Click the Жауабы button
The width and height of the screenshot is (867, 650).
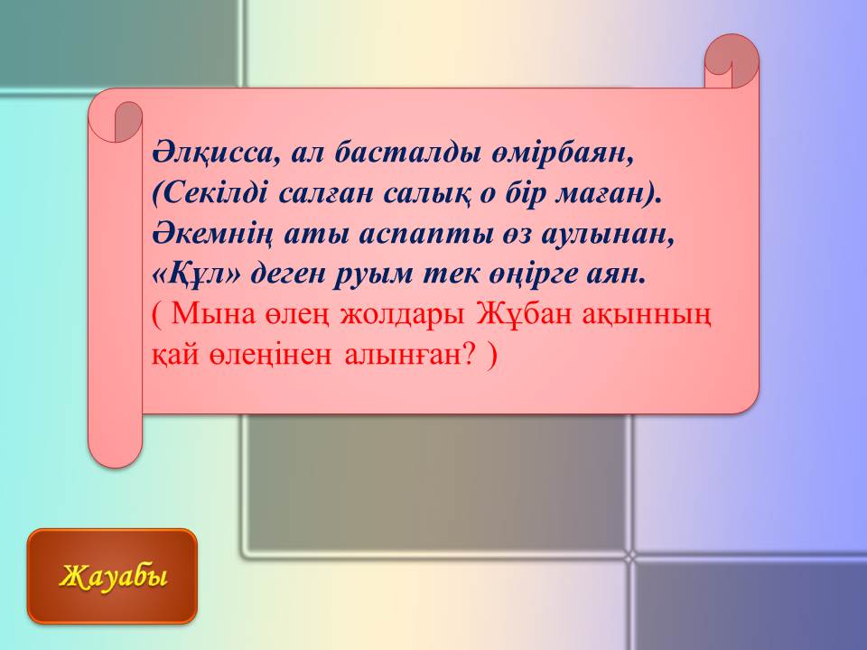112,576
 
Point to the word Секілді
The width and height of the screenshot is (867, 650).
210,193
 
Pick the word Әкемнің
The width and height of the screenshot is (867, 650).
213,235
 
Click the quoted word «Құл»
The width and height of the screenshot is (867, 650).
197,274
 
